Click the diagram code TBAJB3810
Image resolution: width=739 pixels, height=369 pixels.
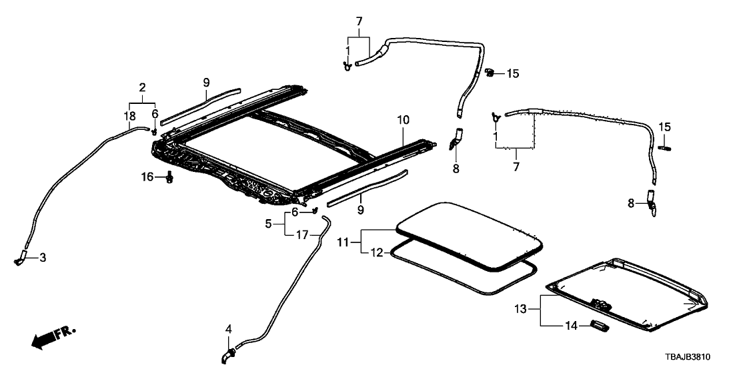click(x=700, y=358)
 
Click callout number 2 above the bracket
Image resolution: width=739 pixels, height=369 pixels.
click(x=142, y=87)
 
